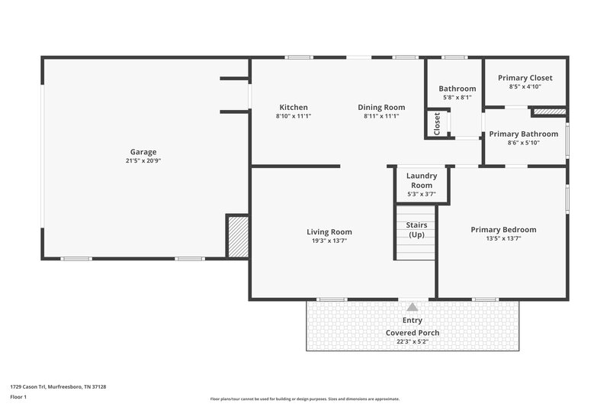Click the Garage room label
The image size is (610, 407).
coord(143,152)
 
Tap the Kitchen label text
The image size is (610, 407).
coord(294,108)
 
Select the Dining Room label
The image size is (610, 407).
coord(381,108)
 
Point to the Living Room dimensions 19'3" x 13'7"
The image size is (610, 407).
coord(329,241)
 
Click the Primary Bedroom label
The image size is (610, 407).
coord(503,229)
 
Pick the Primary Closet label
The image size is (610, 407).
coord(525,78)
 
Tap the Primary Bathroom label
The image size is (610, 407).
coord(525,134)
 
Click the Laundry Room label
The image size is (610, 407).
coord(421,180)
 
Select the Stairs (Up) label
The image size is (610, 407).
coord(417,230)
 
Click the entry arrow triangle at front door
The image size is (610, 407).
coord(413,306)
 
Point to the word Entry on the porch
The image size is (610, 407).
coord(413,321)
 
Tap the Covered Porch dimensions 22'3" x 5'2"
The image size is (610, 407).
coord(413,342)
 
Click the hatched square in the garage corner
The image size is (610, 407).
coord(237,236)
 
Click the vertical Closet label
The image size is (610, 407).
coord(437,124)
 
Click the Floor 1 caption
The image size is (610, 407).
coord(19,397)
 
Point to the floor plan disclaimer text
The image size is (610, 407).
coord(305,399)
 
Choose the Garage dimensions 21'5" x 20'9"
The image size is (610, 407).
coord(143,161)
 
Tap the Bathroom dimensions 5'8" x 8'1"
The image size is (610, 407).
coord(457,98)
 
